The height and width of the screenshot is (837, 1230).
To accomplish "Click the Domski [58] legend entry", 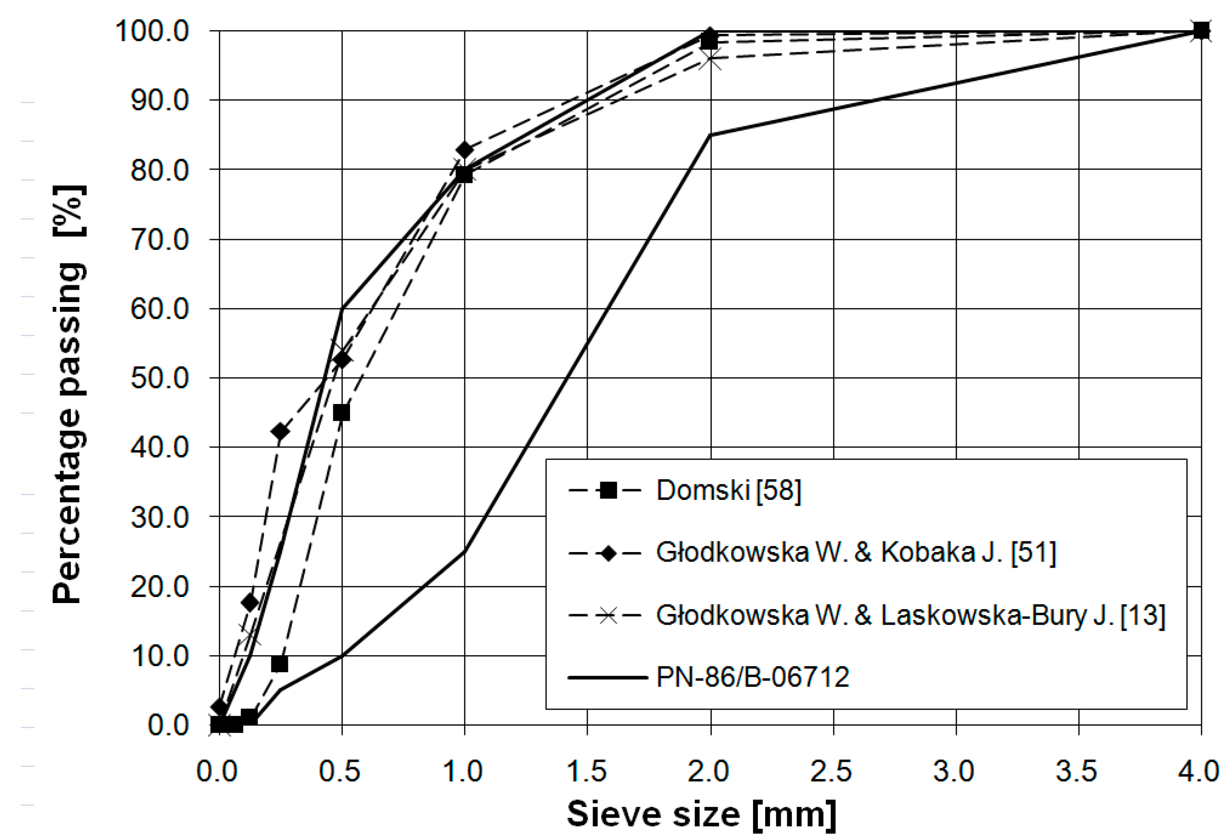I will point(728,490).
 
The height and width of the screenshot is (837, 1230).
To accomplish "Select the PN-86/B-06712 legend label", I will point(753,676).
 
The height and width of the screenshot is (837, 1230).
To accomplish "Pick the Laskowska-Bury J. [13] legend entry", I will point(910,615).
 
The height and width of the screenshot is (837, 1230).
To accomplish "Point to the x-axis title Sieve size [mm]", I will point(701,813).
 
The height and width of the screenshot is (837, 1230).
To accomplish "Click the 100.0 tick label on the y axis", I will point(152,31).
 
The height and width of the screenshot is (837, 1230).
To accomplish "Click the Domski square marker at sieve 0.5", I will point(341,412).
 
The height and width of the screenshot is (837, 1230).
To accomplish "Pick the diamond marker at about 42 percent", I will point(280,432).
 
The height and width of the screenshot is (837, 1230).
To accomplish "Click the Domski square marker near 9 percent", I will point(280,664).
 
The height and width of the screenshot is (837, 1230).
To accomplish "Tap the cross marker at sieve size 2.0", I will point(710,59).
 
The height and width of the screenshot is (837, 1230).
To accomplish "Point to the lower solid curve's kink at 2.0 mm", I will point(710,135).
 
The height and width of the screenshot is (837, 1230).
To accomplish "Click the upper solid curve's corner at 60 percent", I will point(342,308).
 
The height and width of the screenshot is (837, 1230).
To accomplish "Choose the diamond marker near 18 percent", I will point(250,603).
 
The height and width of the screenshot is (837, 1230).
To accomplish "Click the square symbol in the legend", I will point(608,490).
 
